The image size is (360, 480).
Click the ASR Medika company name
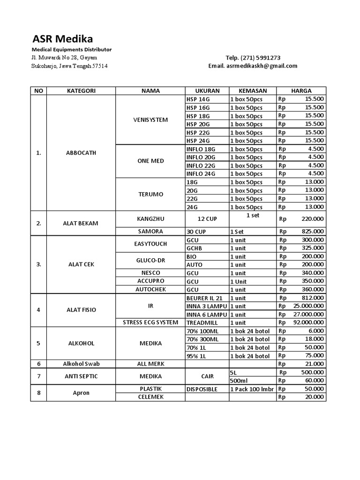(62, 38)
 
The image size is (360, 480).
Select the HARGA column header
(301, 91)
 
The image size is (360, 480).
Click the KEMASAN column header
(253, 91)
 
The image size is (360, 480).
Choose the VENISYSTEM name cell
(150, 120)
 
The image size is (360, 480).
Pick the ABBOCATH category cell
(81, 153)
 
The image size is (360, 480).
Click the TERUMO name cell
(150, 194)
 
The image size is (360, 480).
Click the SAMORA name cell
(150, 232)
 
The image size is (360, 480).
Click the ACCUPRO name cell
(150, 281)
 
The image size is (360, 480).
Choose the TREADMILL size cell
(202, 322)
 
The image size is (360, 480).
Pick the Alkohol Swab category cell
(81, 364)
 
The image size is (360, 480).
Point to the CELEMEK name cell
(150, 397)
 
